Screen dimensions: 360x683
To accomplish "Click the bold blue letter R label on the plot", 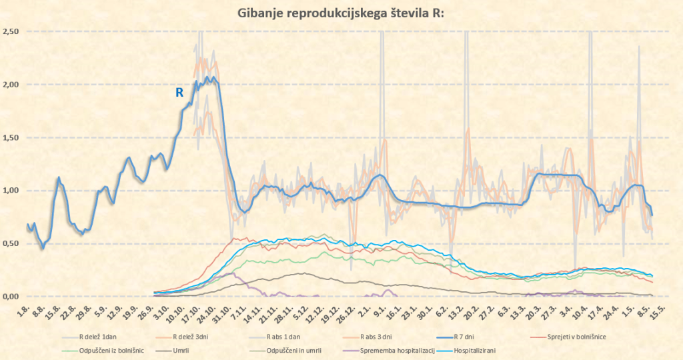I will (x=179, y=93).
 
